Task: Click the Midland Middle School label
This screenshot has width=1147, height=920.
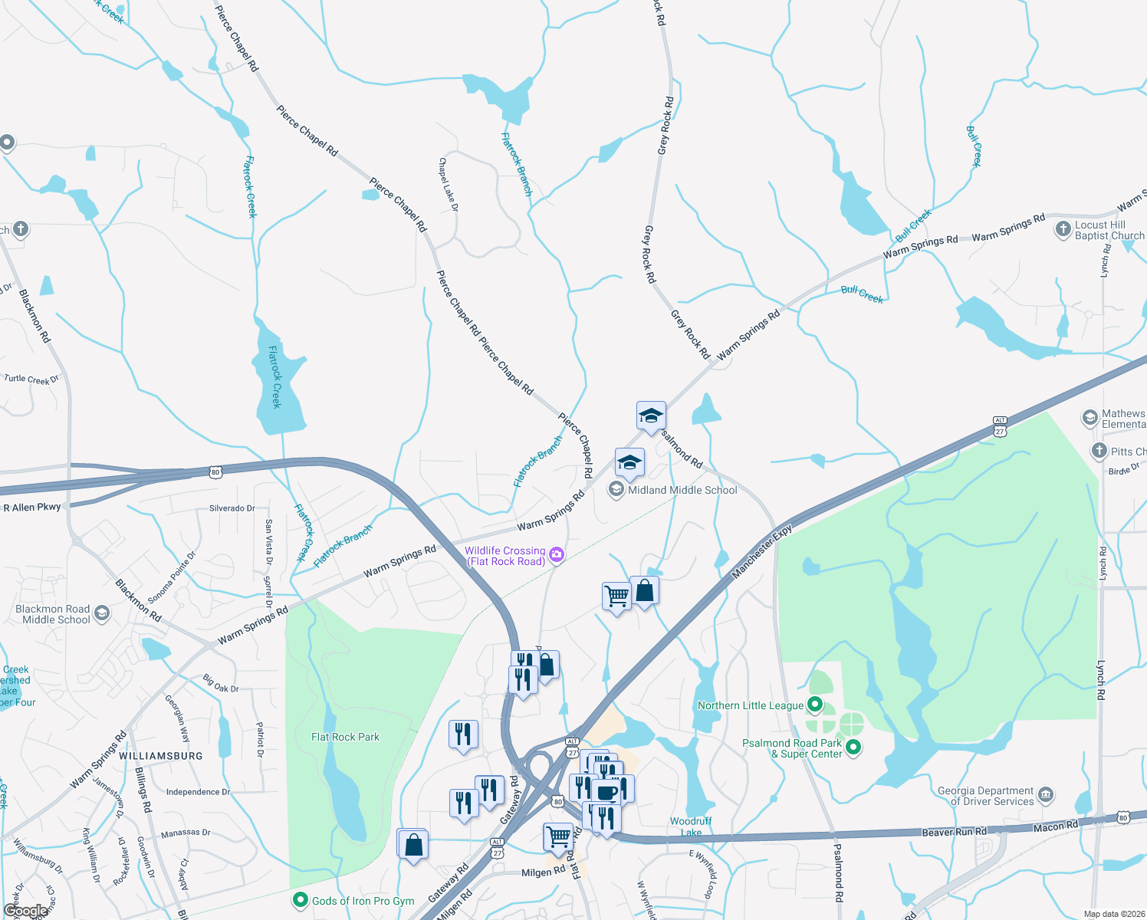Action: pos(682,490)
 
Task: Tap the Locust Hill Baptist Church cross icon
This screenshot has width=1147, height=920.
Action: pos(1063,228)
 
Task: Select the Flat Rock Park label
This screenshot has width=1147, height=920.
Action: pos(345,737)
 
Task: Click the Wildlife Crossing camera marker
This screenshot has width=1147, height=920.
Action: pos(557,554)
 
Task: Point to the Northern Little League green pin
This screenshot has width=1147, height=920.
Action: pos(816,704)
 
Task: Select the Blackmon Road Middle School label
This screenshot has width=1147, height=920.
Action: pos(52,614)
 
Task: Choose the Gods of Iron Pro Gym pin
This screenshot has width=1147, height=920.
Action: pos(301,900)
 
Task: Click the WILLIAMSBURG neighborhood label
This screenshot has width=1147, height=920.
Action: pos(161,756)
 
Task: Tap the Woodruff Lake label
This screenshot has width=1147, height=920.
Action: pos(691,826)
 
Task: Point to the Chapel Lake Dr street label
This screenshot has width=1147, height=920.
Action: pos(448,185)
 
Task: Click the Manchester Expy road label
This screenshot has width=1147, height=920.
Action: pos(762,551)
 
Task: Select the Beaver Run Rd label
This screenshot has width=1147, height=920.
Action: pos(954,832)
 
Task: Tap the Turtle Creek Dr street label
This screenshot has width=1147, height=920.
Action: pos(31,379)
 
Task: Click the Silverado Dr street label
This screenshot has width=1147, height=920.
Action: pos(232,508)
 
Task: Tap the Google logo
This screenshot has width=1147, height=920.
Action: pos(25,911)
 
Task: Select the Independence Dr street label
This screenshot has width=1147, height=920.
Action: pos(198,792)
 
